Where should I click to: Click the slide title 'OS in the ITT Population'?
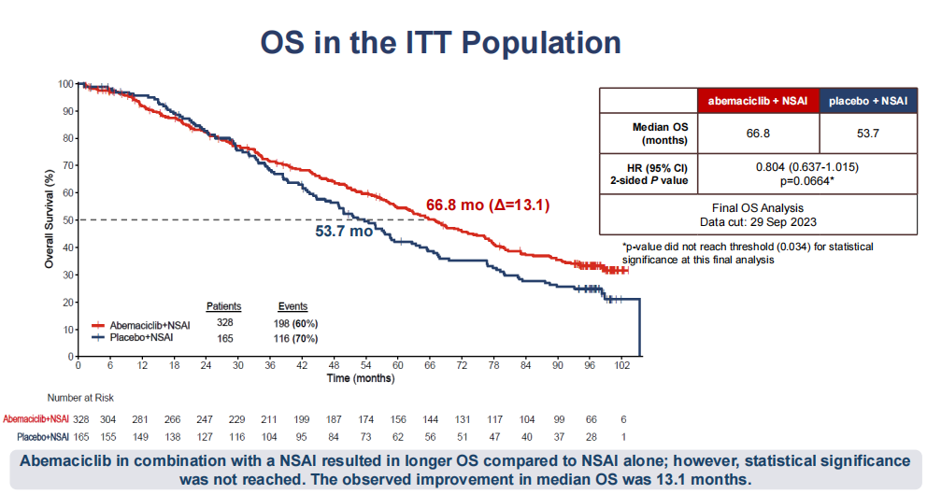pos(440,42)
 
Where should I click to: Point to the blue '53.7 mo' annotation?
pos(343,231)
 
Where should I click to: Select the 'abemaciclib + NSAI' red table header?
pos(758,100)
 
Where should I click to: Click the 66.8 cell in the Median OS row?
pos(758,134)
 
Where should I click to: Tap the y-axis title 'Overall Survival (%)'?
pos(49,220)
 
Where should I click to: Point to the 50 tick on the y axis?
pos(66,219)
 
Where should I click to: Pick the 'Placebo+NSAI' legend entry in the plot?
pos(143,336)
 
